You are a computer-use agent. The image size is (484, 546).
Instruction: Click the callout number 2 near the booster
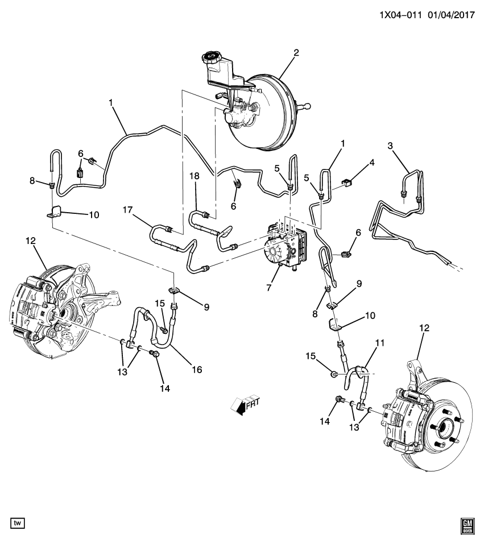(x=296, y=53)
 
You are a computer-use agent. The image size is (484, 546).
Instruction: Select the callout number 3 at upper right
(x=390, y=146)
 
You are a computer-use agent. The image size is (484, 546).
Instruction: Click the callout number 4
(x=372, y=162)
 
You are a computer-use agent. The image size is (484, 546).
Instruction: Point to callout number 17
(x=127, y=210)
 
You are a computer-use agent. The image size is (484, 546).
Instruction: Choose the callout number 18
(x=195, y=176)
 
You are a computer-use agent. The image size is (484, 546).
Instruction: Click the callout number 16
(x=197, y=370)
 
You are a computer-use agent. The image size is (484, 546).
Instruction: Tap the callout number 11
(x=380, y=343)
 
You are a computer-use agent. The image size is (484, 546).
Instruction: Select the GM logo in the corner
(x=468, y=526)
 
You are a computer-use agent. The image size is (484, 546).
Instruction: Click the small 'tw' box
(x=18, y=522)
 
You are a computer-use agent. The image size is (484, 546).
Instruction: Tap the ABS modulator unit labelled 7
(x=285, y=247)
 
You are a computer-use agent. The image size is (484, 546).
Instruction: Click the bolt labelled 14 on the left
(x=154, y=355)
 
